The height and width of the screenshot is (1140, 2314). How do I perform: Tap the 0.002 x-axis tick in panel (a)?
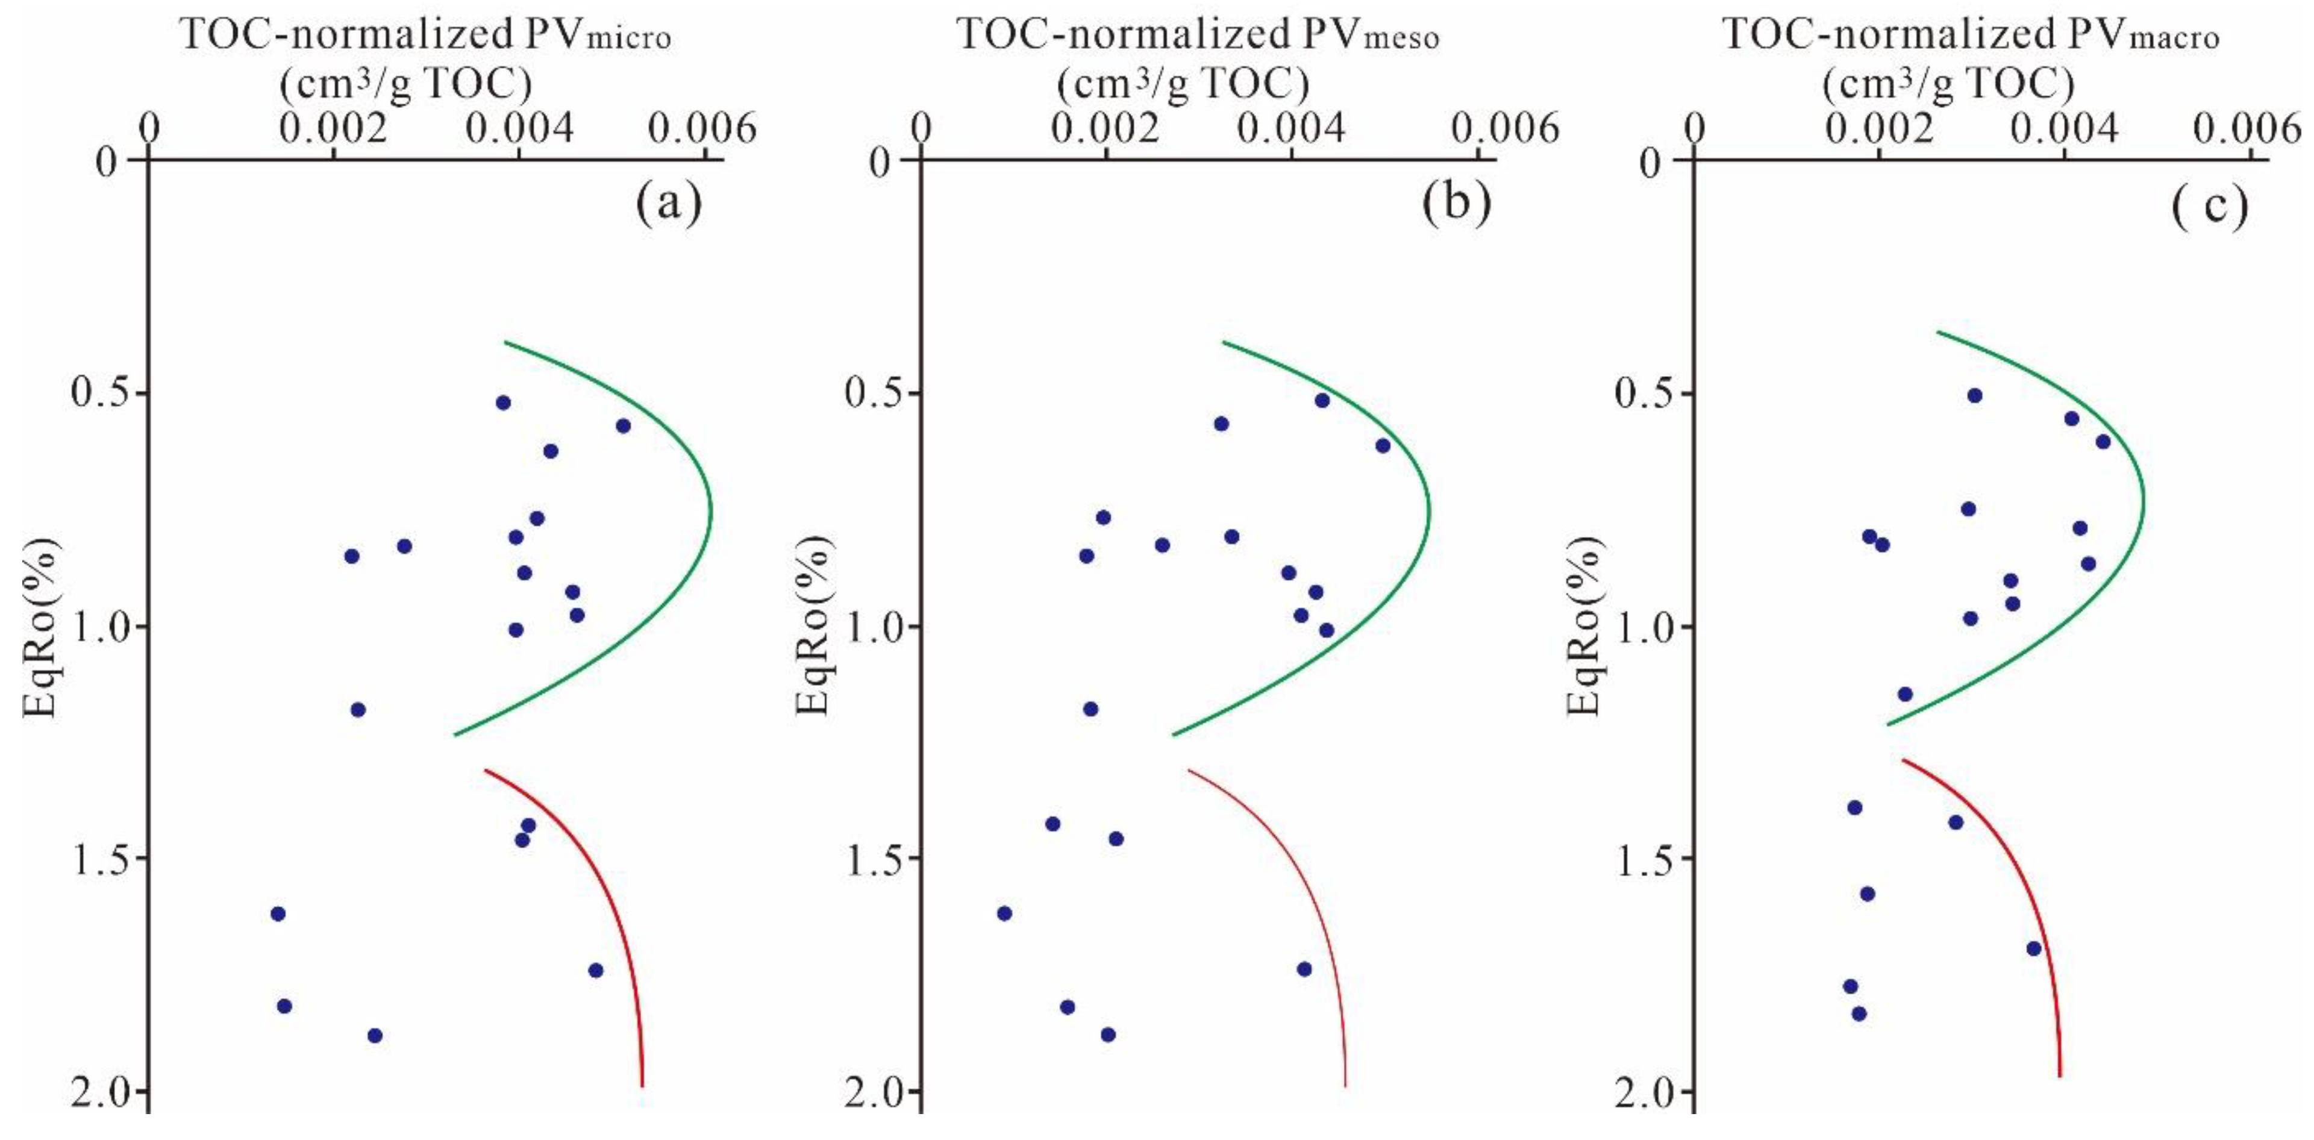[333, 130]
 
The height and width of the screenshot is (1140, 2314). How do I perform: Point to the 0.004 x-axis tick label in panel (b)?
[1291, 130]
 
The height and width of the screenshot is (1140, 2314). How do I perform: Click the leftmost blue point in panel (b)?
[1004, 913]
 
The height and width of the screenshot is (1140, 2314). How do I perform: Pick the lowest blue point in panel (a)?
[375, 1036]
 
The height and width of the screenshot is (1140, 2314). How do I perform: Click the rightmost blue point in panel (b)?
[1383, 446]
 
